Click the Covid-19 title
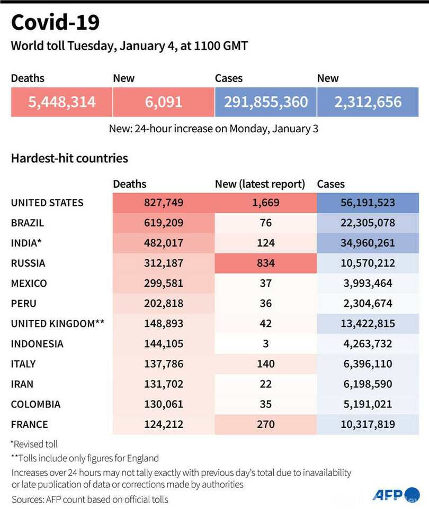point(55,23)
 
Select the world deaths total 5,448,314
point(62,102)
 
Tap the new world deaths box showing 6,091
point(164,102)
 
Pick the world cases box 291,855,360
point(266,102)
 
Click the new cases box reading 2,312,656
point(368,102)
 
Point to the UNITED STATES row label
point(47,203)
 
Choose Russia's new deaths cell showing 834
point(266,263)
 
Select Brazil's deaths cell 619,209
point(164,223)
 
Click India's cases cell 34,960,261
point(368,243)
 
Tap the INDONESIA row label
point(37,344)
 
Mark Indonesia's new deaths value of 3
point(266,344)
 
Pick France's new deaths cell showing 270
point(266,424)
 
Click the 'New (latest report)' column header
point(260,184)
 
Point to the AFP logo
point(389,495)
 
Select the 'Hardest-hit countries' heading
point(69,158)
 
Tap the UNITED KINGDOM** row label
point(58,323)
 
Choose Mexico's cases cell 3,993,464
point(368,283)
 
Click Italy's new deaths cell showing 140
point(266,364)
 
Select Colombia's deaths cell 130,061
point(164,404)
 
